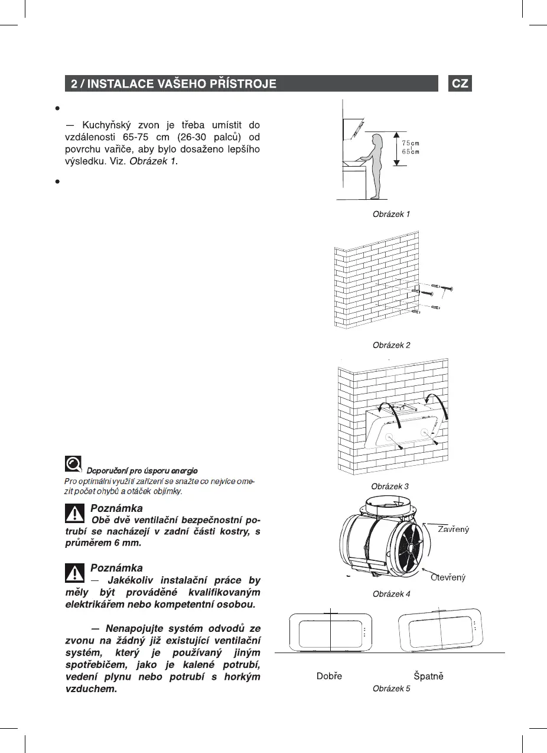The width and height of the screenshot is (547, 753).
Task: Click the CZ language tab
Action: click(460, 83)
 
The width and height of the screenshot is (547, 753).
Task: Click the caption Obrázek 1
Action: click(391, 214)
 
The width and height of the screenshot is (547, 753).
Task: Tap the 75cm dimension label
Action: click(411, 144)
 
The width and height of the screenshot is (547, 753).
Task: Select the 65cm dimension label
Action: click(411, 152)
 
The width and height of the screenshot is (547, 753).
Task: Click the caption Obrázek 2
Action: click(391, 345)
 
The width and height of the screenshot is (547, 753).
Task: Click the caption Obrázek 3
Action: click(389, 486)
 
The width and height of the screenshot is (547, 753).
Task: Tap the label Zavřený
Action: click(453, 529)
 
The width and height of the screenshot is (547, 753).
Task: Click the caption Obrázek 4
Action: click(391, 593)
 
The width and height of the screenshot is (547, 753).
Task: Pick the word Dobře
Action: click(329, 676)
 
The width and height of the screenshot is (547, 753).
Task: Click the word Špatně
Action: click(428, 676)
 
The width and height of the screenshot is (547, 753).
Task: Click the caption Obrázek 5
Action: click(391, 689)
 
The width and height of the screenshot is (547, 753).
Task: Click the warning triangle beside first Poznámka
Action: click(75, 513)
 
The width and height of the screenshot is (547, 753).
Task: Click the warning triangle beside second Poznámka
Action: click(75, 572)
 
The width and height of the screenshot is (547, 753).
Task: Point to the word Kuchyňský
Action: click(106, 125)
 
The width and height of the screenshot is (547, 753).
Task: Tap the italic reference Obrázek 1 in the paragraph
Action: click(153, 161)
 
